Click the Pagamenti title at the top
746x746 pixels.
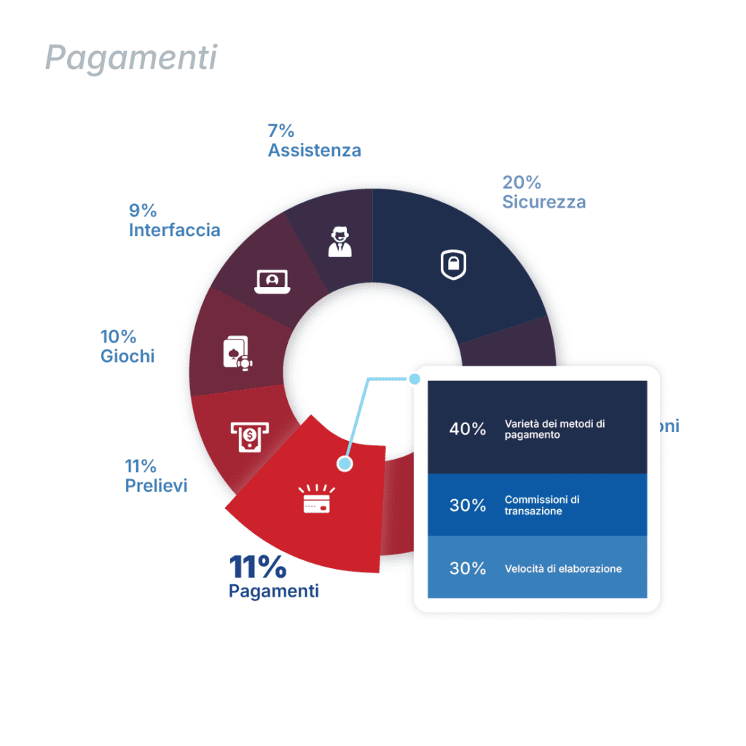[132, 57]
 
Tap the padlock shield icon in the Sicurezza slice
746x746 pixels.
[453, 264]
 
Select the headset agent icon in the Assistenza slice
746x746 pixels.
[339, 241]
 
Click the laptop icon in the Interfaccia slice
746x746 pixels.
[272, 281]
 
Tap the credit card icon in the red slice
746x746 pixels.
[316, 500]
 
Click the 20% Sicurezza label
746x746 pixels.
[543, 192]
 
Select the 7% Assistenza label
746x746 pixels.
[314, 141]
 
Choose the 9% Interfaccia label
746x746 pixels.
[174, 220]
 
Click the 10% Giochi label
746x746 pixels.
[127, 346]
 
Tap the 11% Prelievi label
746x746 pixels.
[156, 476]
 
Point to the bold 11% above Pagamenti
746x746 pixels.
[257, 566]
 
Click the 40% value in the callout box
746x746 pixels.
[467, 429]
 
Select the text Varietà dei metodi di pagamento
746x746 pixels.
[554, 429]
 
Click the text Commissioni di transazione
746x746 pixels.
[542, 505]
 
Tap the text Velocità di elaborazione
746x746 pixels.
[562, 568]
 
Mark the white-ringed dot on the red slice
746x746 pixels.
[345, 463]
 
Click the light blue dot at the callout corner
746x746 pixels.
[415, 379]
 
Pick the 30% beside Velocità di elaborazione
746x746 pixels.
[467, 568]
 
